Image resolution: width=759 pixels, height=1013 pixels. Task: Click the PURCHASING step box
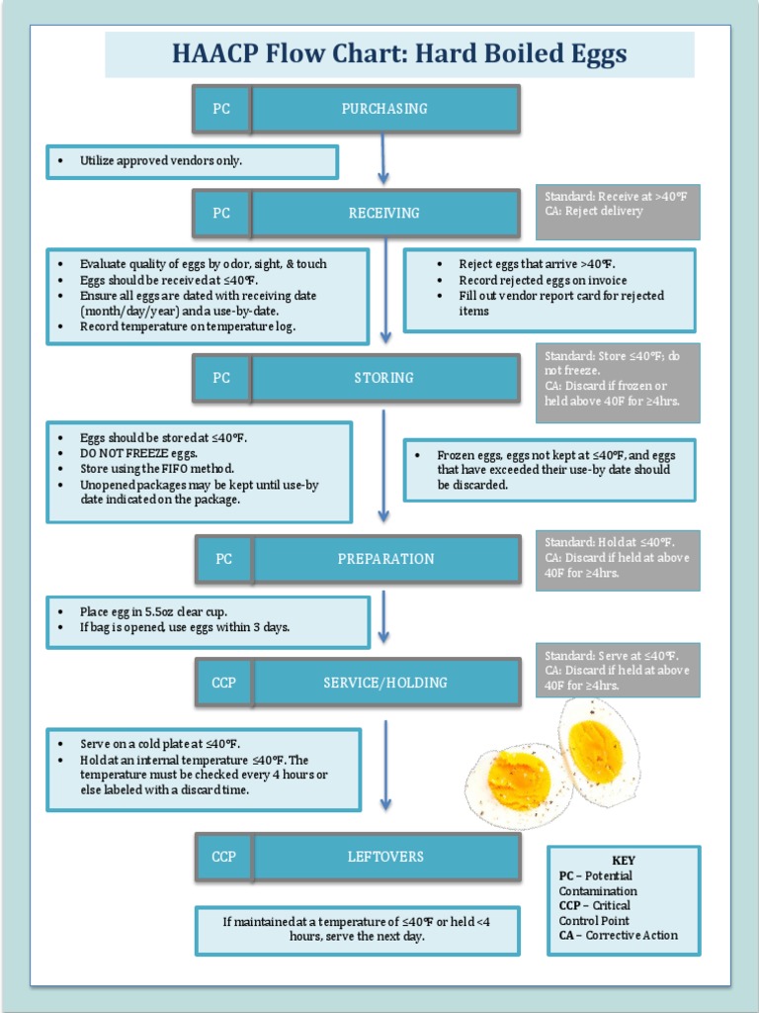pyautogui.click(x=385, y=109)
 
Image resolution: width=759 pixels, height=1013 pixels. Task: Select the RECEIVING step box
pyautogui.click(x=385, y=213)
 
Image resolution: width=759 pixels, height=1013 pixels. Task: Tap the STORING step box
pyautogui.click(x=385, y=378)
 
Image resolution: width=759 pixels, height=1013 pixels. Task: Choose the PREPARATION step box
pyautogui.click(x=386, y=559)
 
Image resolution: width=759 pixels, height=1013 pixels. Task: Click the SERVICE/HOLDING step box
pyautogui.click(x=386, y=683)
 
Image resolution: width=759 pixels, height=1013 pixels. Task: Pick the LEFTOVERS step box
pyautogui.click(x=386, y=857)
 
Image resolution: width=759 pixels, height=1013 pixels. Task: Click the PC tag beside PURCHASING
pyautogui.click(x=221, y=109)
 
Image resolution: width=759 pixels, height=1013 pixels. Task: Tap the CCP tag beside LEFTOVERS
pyautogui.click(x=224, y=857)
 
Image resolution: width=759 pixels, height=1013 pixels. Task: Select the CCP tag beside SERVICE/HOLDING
pyautogui.click(x=224, y=683)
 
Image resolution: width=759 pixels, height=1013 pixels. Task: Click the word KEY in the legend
pyautogui.click(x=624, y=861)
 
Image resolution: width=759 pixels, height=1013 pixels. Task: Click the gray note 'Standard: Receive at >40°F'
pyautogui.click(x=616, y=197)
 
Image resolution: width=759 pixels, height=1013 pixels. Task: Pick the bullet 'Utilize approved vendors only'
pyautogui.click(x=161, y=160)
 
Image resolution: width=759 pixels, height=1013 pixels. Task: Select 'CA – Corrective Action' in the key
pyautogui.click(x=619, y=935)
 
